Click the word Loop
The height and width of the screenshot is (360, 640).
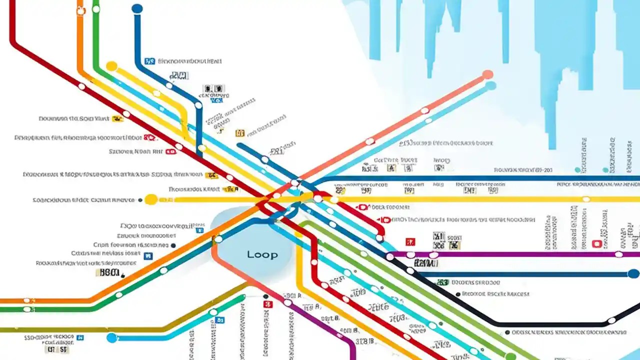262,254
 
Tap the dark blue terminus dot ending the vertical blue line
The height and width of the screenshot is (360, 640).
136,8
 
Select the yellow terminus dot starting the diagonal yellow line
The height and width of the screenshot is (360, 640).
111,66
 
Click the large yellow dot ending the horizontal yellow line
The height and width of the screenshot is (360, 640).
150,199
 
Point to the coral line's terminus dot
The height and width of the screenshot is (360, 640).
487,75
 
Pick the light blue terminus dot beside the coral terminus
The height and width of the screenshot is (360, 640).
491,85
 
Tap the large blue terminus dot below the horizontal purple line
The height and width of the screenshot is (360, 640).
633,274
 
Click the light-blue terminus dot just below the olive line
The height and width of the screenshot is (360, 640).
111,337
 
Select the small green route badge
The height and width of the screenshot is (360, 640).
442,282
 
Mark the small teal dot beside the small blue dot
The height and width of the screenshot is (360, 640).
577,170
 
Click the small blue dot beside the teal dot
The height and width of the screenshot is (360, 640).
606,170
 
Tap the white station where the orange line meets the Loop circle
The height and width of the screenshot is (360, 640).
218,239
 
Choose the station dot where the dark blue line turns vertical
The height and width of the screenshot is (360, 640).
198,105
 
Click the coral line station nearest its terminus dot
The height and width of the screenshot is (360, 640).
424,110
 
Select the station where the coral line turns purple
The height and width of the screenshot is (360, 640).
287,302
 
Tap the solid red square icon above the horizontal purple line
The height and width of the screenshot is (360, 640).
410,242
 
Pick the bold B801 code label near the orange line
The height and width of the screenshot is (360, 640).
109,273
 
